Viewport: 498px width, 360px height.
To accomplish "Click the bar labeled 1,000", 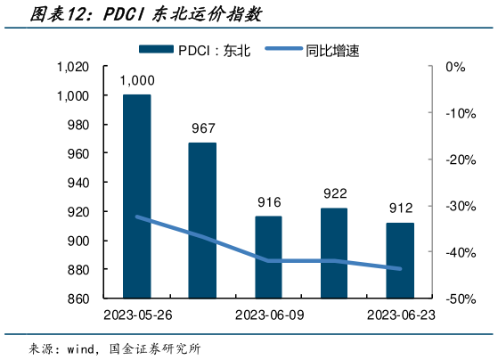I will click(x=136, y=196).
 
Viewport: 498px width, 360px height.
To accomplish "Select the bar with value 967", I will click(x=202, y=220).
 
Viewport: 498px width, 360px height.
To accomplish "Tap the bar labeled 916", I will click(x=268, y=257).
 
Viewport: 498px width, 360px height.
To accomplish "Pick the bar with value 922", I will click(x=334, y=253).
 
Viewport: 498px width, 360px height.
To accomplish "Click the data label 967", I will click(x=203, y=128).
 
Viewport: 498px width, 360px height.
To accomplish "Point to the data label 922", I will click(x=334, y=193).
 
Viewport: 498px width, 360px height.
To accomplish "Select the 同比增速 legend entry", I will click(x=321, y=51).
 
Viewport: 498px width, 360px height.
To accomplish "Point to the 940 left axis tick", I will click(x=78, y=183).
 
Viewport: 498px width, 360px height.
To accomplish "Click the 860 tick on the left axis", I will click(x=78, y=299).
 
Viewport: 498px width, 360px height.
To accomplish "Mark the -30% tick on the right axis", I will click(x=453, y=206).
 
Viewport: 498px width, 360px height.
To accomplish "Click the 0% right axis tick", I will click(x=456, y=67).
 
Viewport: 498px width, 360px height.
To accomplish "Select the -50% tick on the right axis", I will click(x=453, y=299).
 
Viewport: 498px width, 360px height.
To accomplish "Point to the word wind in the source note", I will click(x=85, y=348).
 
